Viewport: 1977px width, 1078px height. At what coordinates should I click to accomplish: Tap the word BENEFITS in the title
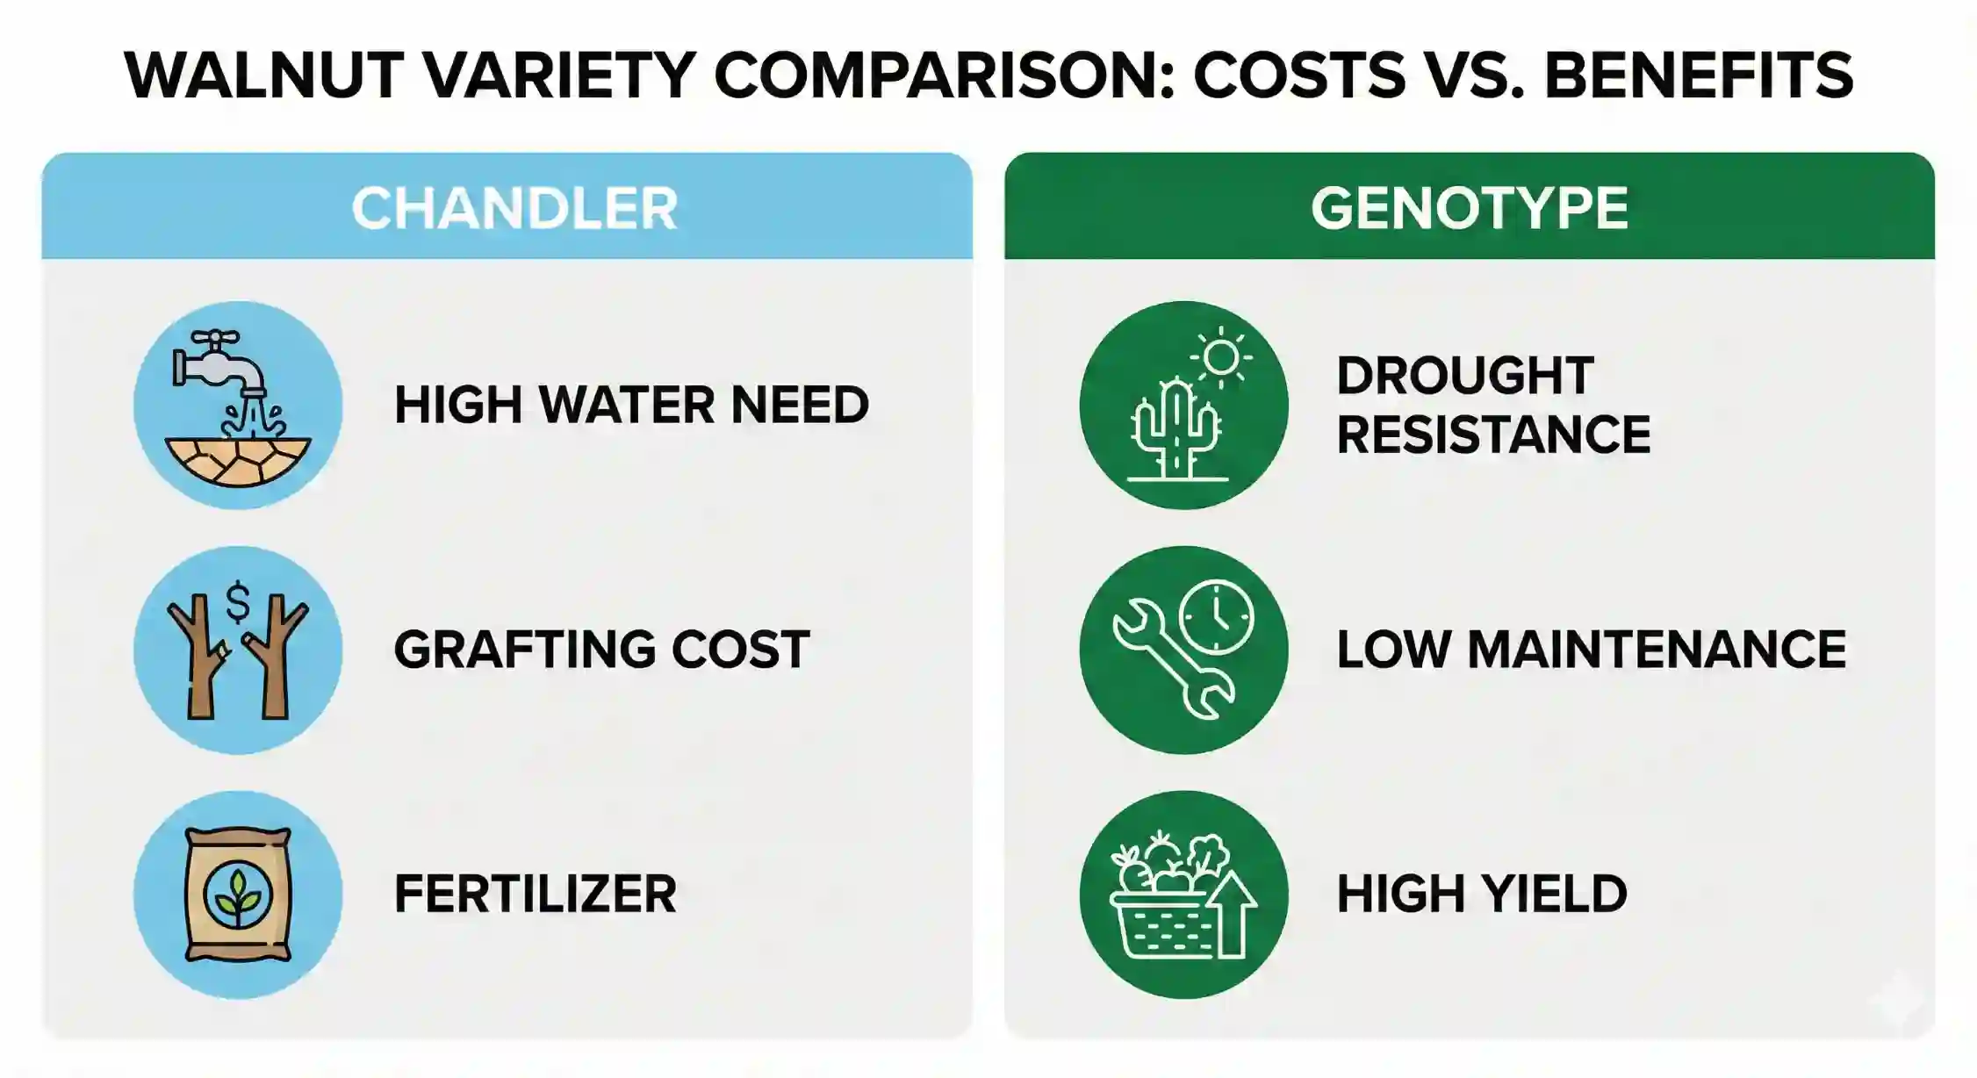tap(1699, 75)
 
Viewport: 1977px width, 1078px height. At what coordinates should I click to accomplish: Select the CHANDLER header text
tap(514, 209)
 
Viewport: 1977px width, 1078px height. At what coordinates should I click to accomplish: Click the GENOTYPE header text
tap(1470, 209)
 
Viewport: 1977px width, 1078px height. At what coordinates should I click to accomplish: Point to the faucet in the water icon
tap(219, 363)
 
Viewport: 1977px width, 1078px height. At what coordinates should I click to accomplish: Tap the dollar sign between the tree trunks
tap(238, 603)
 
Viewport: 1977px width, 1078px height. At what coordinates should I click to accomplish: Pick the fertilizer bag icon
tap(238, 895)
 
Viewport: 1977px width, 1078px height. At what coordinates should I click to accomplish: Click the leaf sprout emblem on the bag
tap(238, 896)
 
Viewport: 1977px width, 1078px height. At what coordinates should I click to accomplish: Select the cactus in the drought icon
tap(1175, 430)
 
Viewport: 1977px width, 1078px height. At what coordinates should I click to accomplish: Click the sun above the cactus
tap(1221, 356)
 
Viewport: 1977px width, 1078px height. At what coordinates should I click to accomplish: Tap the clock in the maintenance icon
tap(1217, 616)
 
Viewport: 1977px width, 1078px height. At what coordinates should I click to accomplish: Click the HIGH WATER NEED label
tap(631, 406)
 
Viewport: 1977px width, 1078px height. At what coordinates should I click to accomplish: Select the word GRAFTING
tap(524, 650)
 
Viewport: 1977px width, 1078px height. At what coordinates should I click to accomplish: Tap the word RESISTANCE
tap(1493, 435)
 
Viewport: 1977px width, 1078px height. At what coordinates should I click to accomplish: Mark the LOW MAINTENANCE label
tap(1591, 650)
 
